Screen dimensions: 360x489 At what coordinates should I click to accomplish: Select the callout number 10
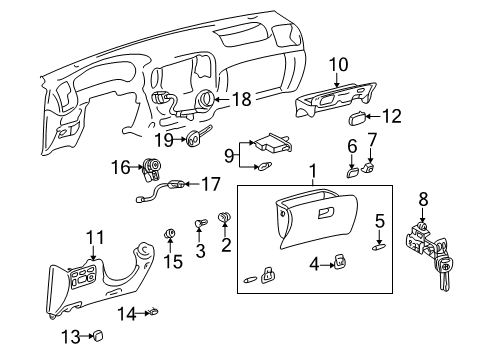tap(336, 65)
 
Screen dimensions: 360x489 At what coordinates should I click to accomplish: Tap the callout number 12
tap(390, 116)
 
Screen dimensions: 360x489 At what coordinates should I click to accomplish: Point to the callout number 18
tap(241, 100)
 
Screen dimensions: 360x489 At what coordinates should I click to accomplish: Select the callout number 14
tap(125, 315)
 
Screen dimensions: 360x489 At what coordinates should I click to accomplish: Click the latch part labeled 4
tap(341, 262)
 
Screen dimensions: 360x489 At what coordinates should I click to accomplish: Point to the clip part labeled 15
tap(171, 236)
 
